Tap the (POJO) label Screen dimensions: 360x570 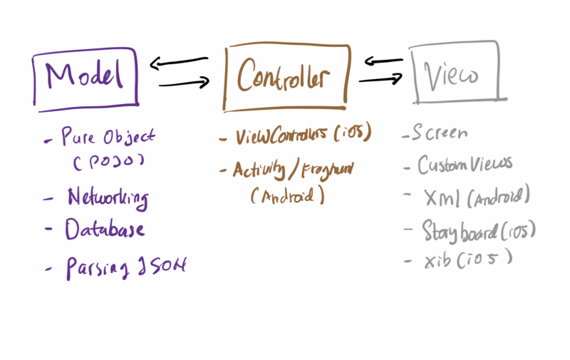tap(108, 161)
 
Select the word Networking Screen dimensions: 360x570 tap(108, 196)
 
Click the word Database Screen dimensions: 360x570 tap(105, 230)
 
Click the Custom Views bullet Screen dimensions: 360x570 tap(464, 165)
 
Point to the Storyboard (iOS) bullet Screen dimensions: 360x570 tap(478, 231)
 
